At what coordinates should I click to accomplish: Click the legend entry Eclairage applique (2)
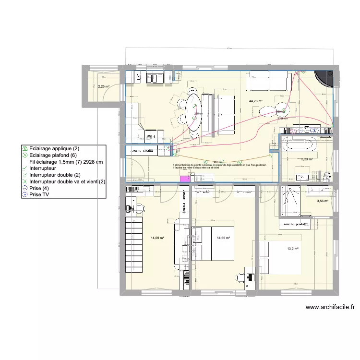click(52, 149)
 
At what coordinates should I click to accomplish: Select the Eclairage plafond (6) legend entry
click(52, 156)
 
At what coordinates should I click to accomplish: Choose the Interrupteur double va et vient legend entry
click(67, 182)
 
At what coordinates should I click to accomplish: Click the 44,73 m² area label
click(256, 101)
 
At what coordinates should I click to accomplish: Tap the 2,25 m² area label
click(103, 87)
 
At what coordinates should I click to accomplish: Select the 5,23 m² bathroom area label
click(307, 159)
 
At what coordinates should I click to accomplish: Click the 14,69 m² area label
click(157, 238)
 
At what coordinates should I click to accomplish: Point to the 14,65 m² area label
click(223, 238)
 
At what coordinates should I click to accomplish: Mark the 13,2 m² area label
click(293, 249)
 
